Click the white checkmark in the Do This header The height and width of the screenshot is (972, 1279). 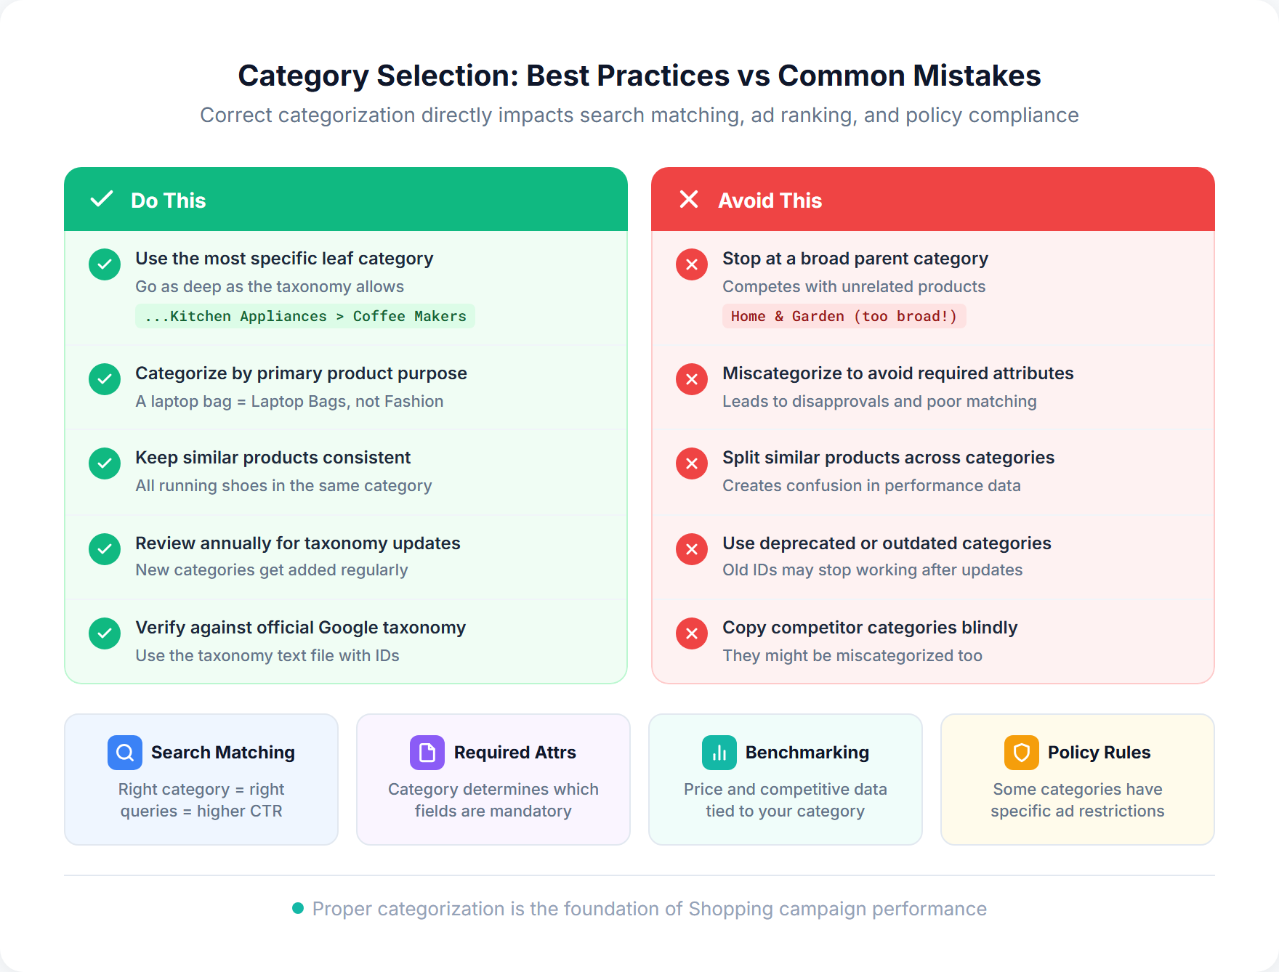tap(102, 199)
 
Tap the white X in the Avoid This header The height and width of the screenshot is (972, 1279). tap(689, 199)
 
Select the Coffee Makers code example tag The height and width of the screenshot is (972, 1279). tap(305, 316)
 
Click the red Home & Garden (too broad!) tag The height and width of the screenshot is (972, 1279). tap(844, 316)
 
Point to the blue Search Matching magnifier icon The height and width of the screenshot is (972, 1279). tap(125, 753)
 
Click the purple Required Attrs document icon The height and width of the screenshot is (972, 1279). tap(427, 753)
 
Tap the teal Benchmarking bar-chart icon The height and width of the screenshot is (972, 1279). tap(719, 753)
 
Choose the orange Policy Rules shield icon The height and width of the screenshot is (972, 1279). tap(1022, 753)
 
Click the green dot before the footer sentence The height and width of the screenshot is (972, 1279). tap(298, 908)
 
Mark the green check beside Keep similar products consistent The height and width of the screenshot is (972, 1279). tap(105, 463)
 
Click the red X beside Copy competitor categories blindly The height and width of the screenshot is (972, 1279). tap(692, 633)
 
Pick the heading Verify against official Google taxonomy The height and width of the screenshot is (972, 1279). tap(300, 627)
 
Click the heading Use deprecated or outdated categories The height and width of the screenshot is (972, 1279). tap(887, 543)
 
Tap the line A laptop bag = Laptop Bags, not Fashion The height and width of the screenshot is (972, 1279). tap(289, 401)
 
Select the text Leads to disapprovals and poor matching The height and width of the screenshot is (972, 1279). tap(879, 401)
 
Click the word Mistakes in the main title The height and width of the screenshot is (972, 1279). tap(977, 76)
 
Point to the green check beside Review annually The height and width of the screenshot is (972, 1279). tap(105, 549)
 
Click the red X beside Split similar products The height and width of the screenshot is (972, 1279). tap(692, 463)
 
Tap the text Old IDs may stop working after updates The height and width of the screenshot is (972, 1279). tap(872, 570)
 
